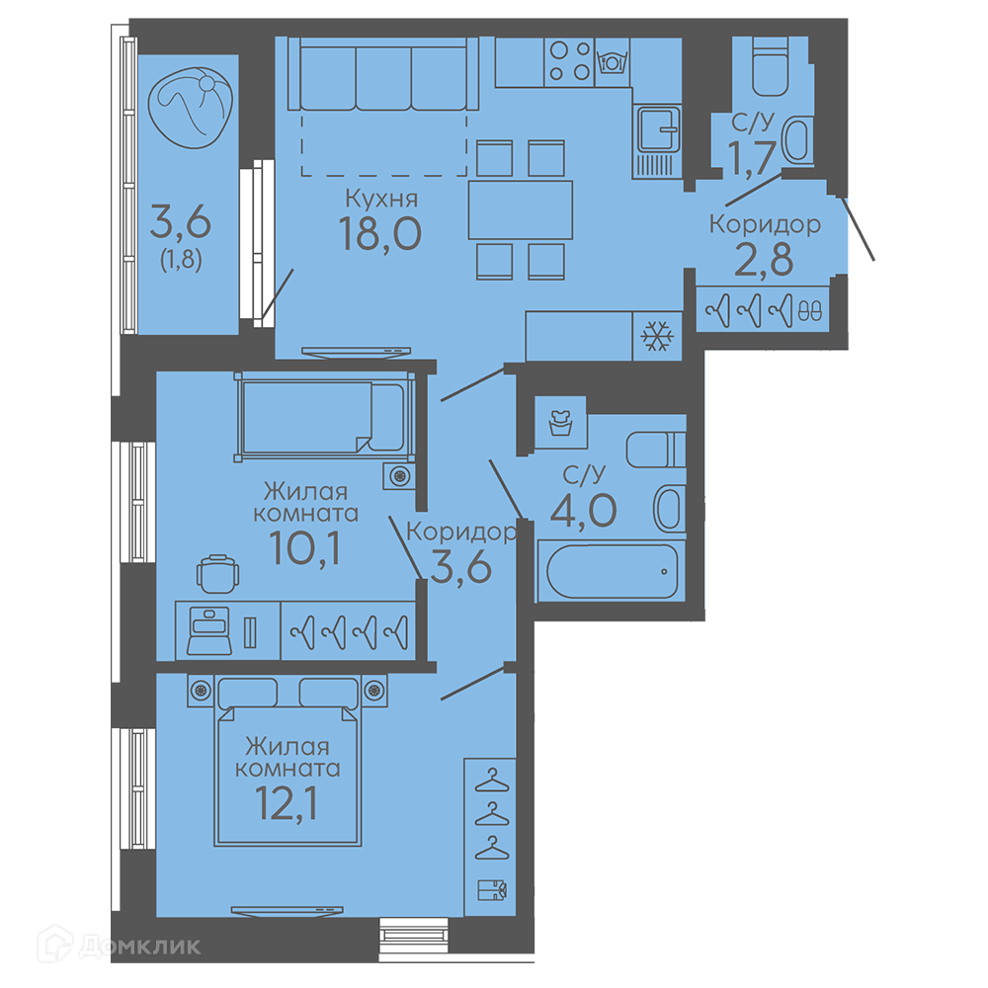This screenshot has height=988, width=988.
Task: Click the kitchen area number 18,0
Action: (380, 234)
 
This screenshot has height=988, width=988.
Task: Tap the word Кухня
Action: (381, 199)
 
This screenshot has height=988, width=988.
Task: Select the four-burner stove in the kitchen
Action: (569, 61)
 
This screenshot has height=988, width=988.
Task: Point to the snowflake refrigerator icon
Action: (657, 337)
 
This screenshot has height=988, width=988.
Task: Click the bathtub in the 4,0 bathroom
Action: (612, 571)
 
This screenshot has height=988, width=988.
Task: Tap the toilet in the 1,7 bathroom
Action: (770, 67)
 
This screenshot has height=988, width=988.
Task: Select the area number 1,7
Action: (751, 157)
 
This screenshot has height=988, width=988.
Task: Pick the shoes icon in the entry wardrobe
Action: (810, 310)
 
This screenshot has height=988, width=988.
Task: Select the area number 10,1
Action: (305, 548)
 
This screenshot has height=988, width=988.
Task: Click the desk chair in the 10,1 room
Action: (218, 573)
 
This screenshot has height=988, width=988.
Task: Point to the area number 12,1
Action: (287, 803)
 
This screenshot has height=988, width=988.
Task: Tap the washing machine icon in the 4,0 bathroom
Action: (560, 422)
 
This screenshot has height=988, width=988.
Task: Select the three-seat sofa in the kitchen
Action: (383, 74)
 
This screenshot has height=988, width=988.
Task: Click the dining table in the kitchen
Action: (521, 209)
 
